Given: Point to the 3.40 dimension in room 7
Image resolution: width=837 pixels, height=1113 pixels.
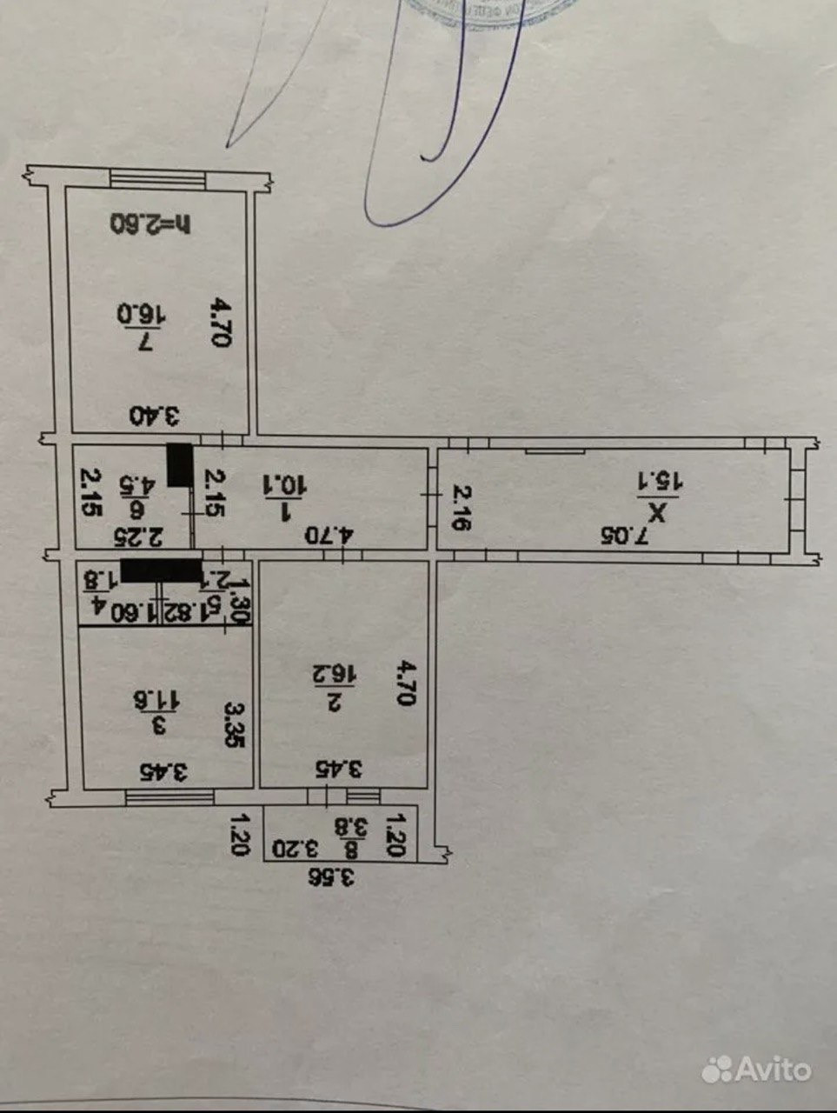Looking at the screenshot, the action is [x=154, y=416].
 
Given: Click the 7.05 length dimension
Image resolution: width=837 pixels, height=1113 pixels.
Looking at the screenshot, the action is [x=632, y=535].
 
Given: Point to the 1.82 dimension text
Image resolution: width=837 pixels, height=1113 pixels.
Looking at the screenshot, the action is [x=180, y=612].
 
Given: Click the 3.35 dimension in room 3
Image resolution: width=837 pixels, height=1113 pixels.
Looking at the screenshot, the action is [x=234, y=724].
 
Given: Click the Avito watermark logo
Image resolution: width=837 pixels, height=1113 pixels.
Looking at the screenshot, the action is [x=756, y=1069].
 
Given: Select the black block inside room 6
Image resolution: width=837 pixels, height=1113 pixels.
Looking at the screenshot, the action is [x=180, y=464].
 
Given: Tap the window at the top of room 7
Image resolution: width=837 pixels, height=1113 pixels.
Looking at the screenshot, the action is [x=158, y=178].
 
